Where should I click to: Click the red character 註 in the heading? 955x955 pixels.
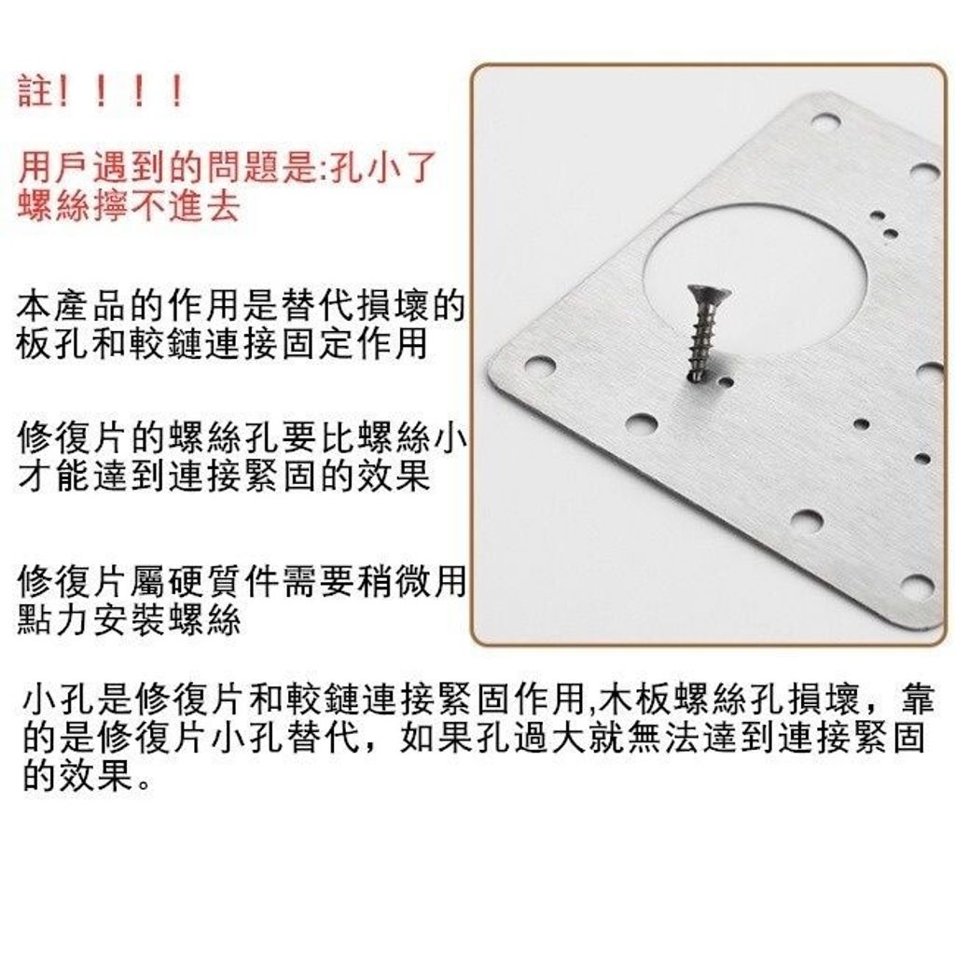pyautogui.click(x=35, y=91)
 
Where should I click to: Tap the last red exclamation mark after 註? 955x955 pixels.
pyautogui.click(x=177, y=91)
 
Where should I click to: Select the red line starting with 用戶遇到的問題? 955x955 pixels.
pyautogui.click(x=228, y=167)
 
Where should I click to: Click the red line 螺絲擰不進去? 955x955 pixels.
pyautogui.click(x=129, y=206)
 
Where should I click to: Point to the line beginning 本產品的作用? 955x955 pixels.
pyautogui.click(x=241, y=306)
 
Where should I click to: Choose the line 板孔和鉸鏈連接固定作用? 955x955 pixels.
pyautogui.click(x=222, y=343)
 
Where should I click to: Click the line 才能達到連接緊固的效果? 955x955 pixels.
pyautogui.click(x=224, y=476)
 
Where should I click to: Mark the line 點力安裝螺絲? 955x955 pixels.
pyautogui.click(x=129, y=619)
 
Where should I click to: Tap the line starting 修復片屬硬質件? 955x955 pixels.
pyautogui.click(x=242, y=581)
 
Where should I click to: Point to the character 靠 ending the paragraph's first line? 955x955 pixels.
pyautogui.click(x=917, y=699)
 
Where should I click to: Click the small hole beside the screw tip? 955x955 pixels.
pyautogui.click(x=726, y=382)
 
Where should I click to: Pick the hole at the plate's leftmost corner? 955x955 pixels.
pyautogui.click(x=540, y=367)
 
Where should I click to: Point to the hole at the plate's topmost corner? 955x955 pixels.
pyautogui.click(x=826, y=120)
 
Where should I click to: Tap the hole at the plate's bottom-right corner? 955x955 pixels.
pyautogui.click(x=917, y=586)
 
